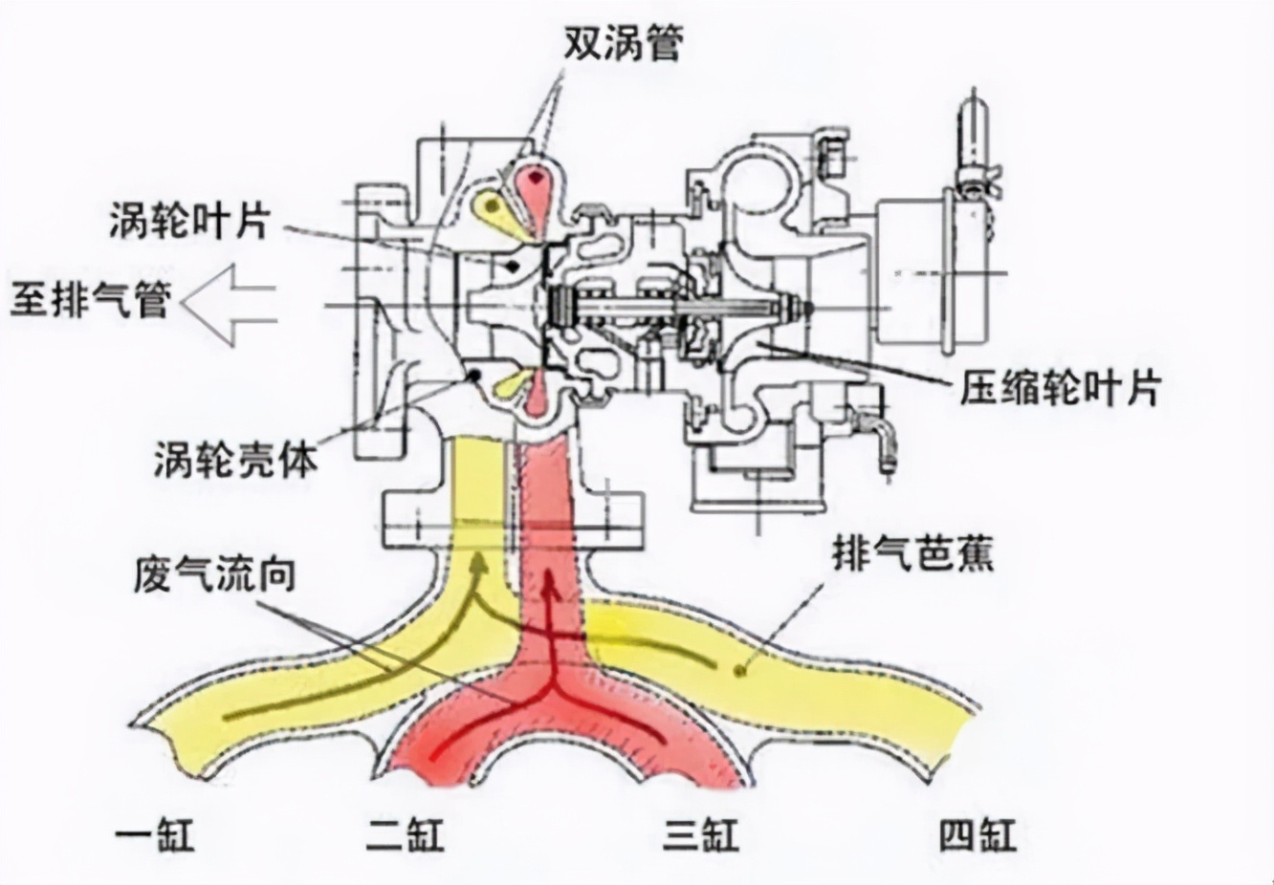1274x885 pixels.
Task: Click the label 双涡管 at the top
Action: pyautogui.click(x=622, y=40)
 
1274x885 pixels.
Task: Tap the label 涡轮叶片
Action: pyautogui.click(x=188, y=222)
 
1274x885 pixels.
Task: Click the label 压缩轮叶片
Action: pyautogui.click(x=1060, y=387)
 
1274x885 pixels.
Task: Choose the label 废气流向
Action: pyautogui.click(x=214, y=575)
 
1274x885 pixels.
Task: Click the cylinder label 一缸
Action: pyautogui.click(x=155, y=834)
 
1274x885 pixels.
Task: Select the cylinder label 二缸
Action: pyautogui.click(x=405, y=834)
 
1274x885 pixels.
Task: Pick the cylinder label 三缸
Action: pyautogui.click(x=701, y=834)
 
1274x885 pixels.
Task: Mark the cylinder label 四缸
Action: pyautogui.click(x=977, y=834)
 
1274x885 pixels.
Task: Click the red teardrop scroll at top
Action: pyautogui.click(x=537, y=192)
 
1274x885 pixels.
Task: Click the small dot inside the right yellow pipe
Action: pyautogui.click(x=738, y=671)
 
